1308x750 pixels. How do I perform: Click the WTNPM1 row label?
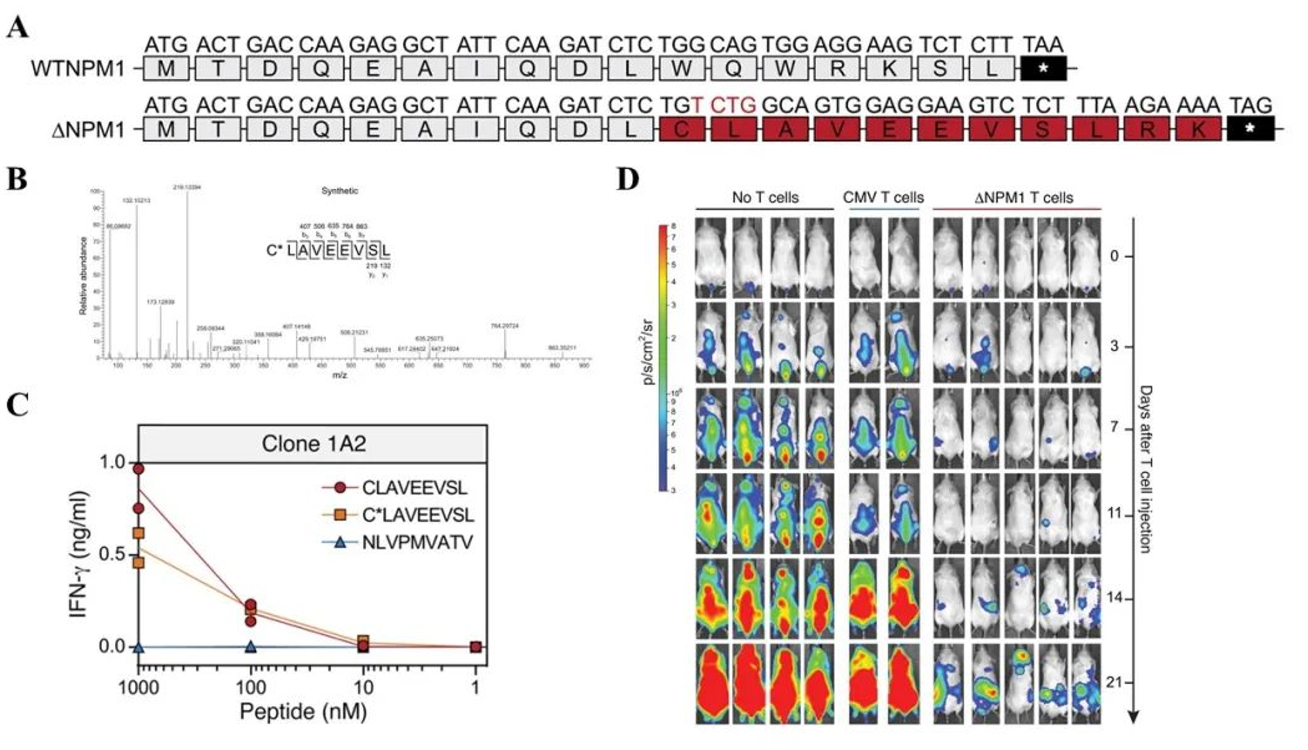pos(78,69)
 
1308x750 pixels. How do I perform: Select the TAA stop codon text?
pos(1043,45)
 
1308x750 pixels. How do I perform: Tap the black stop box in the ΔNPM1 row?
pos(1249,128)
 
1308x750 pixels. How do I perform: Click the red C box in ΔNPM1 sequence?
pos(682,129)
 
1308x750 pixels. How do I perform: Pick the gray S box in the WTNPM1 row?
pos(940,68)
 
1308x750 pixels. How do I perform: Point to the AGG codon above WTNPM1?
pos(836,45)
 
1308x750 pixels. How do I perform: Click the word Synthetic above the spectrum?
pos(340,191)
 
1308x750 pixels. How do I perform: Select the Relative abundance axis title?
pos(84,275)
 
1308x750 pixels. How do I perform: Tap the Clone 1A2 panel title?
pos(313,444)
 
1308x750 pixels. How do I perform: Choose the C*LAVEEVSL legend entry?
pos(418,515)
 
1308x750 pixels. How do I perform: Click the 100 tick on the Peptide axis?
pos(251,688)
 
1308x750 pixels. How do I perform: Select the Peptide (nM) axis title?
pos(303,712)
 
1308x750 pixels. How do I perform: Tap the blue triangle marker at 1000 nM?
pos(138,647)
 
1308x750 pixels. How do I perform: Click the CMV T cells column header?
pos(883,198)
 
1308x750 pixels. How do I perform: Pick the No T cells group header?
pos(765,198)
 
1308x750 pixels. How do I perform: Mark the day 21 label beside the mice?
pos(1114,683)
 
